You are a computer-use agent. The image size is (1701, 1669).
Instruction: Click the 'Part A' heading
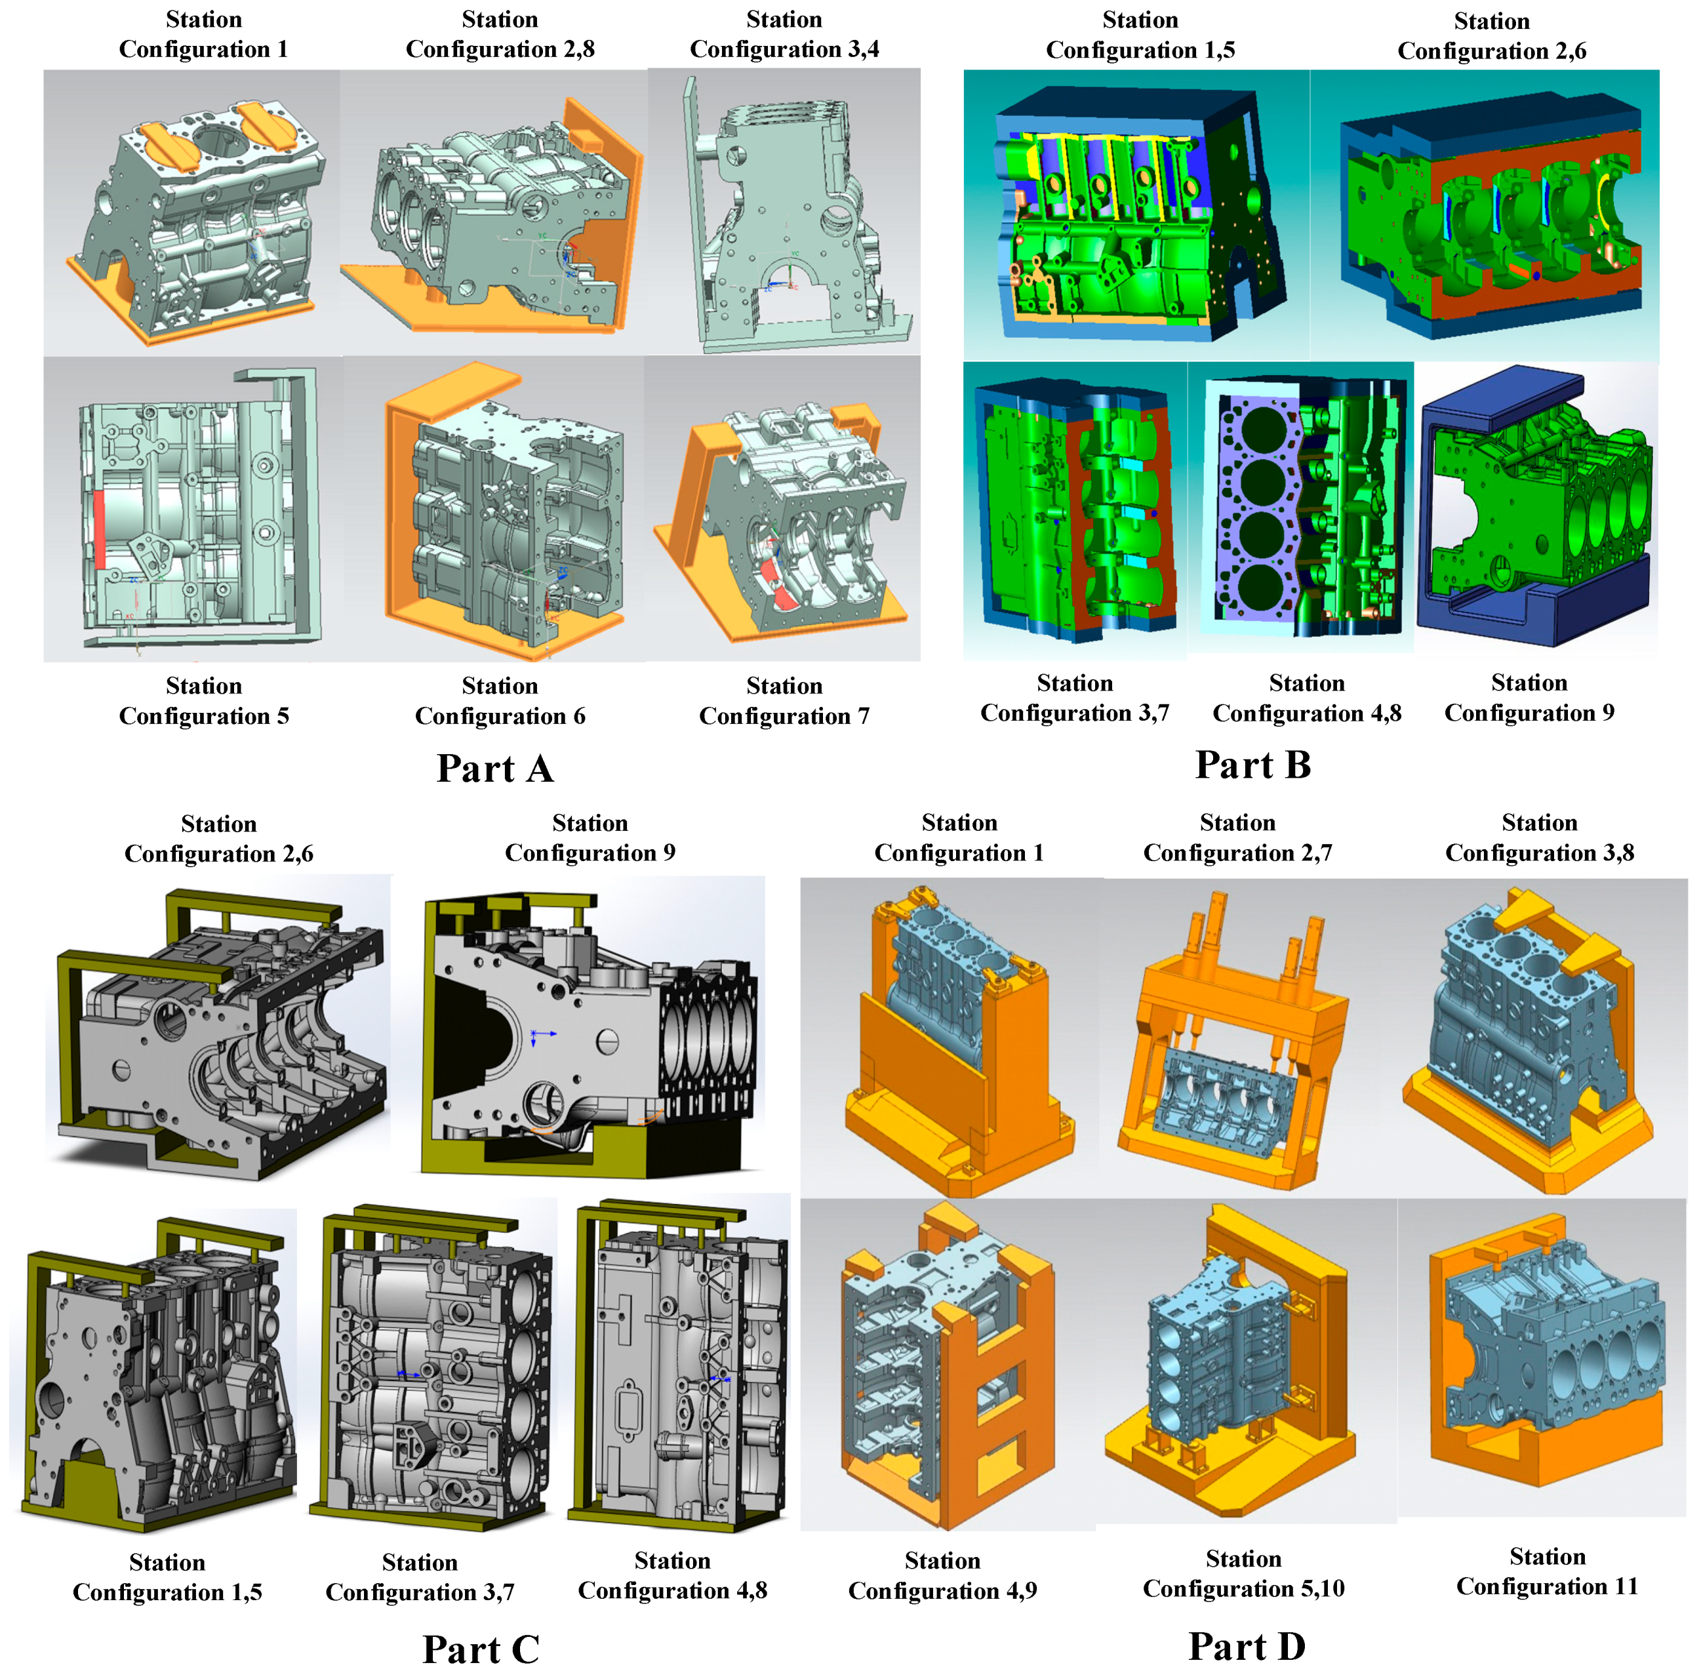coord(495,769)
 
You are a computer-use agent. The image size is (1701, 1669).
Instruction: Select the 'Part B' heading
coord(1253,765)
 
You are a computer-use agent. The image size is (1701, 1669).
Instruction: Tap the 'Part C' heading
coord(480,1649)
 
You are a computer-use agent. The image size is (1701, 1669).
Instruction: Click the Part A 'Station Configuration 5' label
coord(204,700)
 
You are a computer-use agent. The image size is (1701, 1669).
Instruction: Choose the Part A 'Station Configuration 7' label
coord(784,700)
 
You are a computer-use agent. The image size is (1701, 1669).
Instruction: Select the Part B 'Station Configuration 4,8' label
coord(1307,698)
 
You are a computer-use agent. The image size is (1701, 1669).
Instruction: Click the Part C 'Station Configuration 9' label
coord(590,837)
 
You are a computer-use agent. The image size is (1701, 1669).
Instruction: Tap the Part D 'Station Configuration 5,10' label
coord(1243,1573)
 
